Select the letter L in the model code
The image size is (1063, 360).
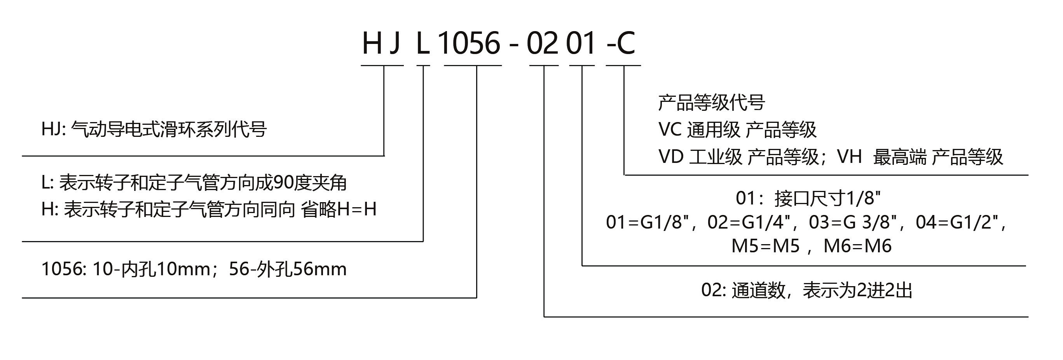pyautogui.click(x=423, y=44)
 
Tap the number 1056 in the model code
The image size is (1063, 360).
pyautogui.click(x=469, y=44)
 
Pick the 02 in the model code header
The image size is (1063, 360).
pyautogui.click(x=542, y=44)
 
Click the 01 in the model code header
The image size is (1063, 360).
pyautogui.click(x=581, y=44)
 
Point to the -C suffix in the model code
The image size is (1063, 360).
pyautogui.click(x=621, y=44)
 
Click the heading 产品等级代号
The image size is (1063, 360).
pyautogui.click(x=711, y=103)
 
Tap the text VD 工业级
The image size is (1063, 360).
pyautogui.click(x=700, y=157)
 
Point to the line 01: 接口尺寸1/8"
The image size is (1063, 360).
pyautogui.click(x=808, y=199)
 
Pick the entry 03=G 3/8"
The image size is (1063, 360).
pyautogui.click(x=853, y=222)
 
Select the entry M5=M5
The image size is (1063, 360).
pyautogui.click(x=765, y=246)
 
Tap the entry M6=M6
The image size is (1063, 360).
pyautogui.click(x=857, y=246)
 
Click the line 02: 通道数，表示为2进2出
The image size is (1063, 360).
pyautogui.click(x=806, y=290)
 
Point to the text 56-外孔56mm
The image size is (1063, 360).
pyautogui.click(x=288, y=269)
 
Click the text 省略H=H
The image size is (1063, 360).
pyautogui.click(x=339, y=210)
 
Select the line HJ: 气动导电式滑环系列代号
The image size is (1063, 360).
pyautogui.click(x=154, y=129)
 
